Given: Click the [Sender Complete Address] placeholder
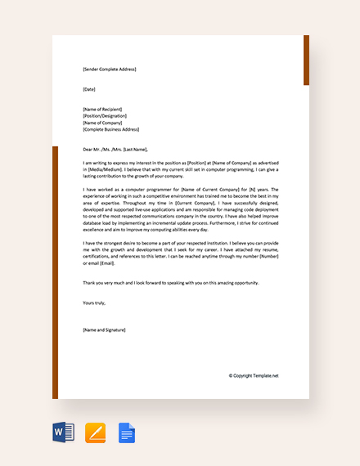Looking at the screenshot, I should (x=109, y=69).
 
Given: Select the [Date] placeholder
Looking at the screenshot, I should (x=89, y=88).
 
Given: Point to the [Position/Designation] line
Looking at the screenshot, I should (x=106, y=115).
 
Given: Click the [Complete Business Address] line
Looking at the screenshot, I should (x=110, y=129).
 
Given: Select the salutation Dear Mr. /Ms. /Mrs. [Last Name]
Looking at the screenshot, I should (x=115, y=149).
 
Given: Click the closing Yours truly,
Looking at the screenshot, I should (x=94, y=302).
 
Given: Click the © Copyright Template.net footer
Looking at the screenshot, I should (x=254, y=375).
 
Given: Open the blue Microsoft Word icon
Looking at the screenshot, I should (x=63, y=432).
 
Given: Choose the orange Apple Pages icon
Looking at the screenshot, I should (x=96, y=432).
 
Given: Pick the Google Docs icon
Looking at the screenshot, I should (x=127, y=432).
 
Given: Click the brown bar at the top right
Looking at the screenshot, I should (x=306, y=60).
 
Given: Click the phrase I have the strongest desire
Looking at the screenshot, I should (x=116, y=243).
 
